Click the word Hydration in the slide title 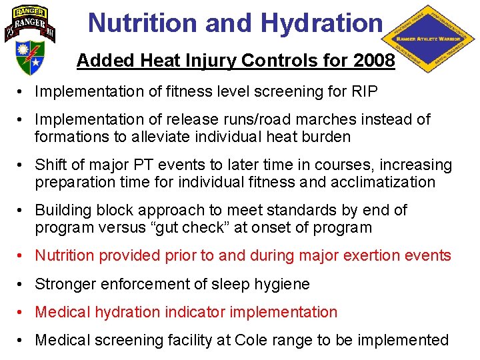pos(322,23)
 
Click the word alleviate pos(159,137)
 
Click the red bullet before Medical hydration pos(23,312)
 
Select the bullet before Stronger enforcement pos(23,284)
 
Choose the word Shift pos(50,165)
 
